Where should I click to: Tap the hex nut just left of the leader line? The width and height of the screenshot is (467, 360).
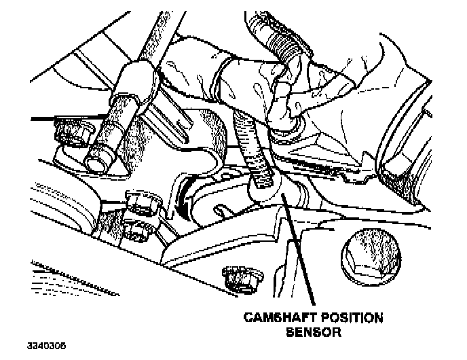pyautogui.click(x=238, y=277)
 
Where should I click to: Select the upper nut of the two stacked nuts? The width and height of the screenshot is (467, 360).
pyautogui.click(x=141, y=202)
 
